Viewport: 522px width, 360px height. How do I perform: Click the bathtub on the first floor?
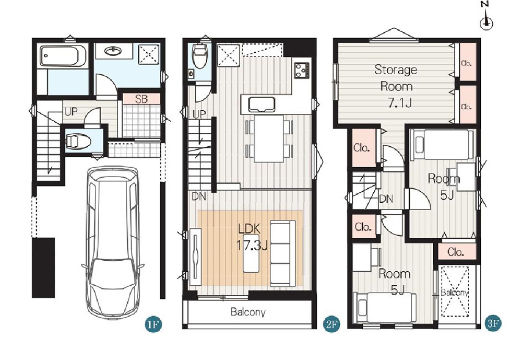(x=62, y=56)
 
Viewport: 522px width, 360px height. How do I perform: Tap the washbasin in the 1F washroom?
(x=113, y=51)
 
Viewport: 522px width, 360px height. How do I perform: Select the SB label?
(x=141, y=99)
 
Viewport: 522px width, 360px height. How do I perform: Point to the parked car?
(x=113, y=243)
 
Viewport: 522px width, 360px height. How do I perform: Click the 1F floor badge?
(x=153, y=324)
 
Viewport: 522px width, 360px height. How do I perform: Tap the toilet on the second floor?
(x=200, y=56)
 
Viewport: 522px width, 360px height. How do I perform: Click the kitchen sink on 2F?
(x=262, y=104)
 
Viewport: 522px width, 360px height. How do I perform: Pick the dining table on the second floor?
(x=269, y=138)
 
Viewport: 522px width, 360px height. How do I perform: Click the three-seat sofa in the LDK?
(x=282, y=253)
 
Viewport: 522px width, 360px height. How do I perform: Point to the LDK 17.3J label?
(x=252, y=237)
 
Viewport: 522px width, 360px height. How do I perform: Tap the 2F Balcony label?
(x=248, y=312)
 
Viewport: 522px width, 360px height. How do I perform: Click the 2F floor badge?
(x=332, y=324)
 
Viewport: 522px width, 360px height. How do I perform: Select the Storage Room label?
(x=396, y=78)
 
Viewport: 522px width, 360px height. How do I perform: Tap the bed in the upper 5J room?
(x=442, y=144)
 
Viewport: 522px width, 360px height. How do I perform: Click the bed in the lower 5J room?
(x=385, y=307)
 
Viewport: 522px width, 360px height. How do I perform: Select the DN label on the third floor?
(x=386, y=199)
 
